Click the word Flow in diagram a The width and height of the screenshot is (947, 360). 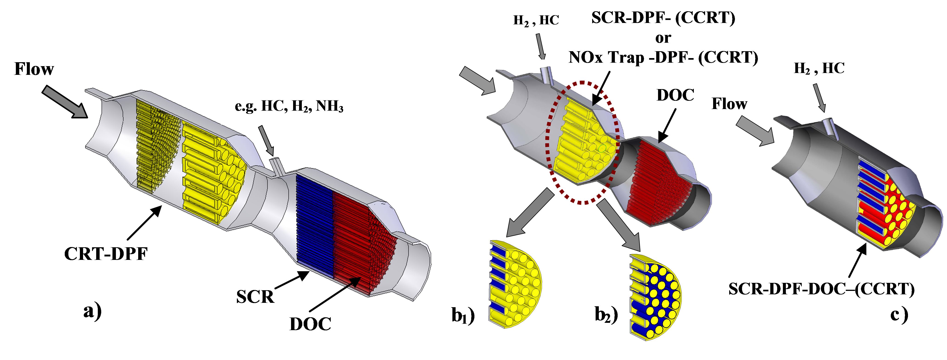click(34, 69)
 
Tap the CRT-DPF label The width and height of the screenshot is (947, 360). click(106, 254)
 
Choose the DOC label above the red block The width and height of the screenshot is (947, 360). click(675, 96)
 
